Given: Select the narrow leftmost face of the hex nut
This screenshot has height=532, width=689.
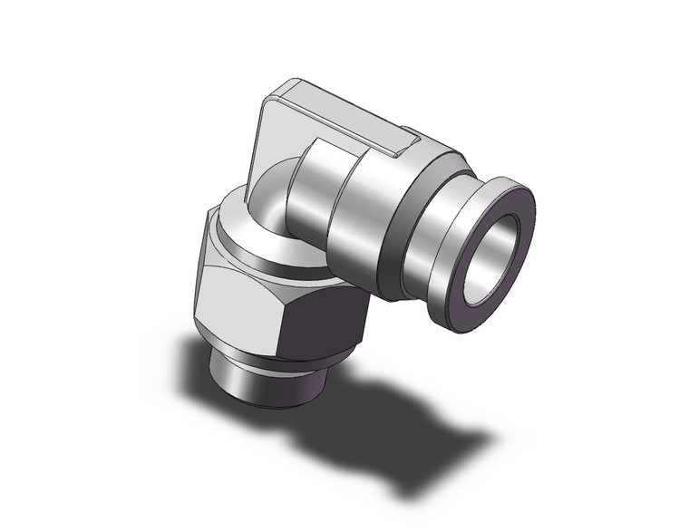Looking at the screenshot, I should (201, 272).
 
